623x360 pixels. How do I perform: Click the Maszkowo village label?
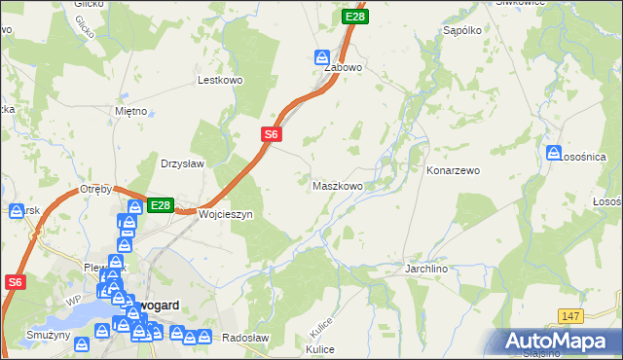click(x=337, y=185)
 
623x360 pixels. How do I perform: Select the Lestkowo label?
click(x=219, y=81)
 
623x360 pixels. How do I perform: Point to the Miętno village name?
click(x=130, y=111)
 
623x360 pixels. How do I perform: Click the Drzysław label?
click(x=182, y=163)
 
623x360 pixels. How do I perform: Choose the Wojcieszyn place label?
click(x=225, y=214)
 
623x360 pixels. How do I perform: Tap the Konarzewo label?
click(x=454, y=170)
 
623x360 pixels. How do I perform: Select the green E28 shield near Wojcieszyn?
click(x=161, y=205)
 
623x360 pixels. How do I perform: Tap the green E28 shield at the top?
click(x=355, y=17)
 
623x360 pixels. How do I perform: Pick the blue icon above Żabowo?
click(x=322, y=56)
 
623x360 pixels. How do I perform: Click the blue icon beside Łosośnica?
click(x=554, y=154)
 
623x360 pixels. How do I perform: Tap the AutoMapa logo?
click(x=560, y=342)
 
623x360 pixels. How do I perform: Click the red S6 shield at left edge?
click(x=14, y=282)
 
